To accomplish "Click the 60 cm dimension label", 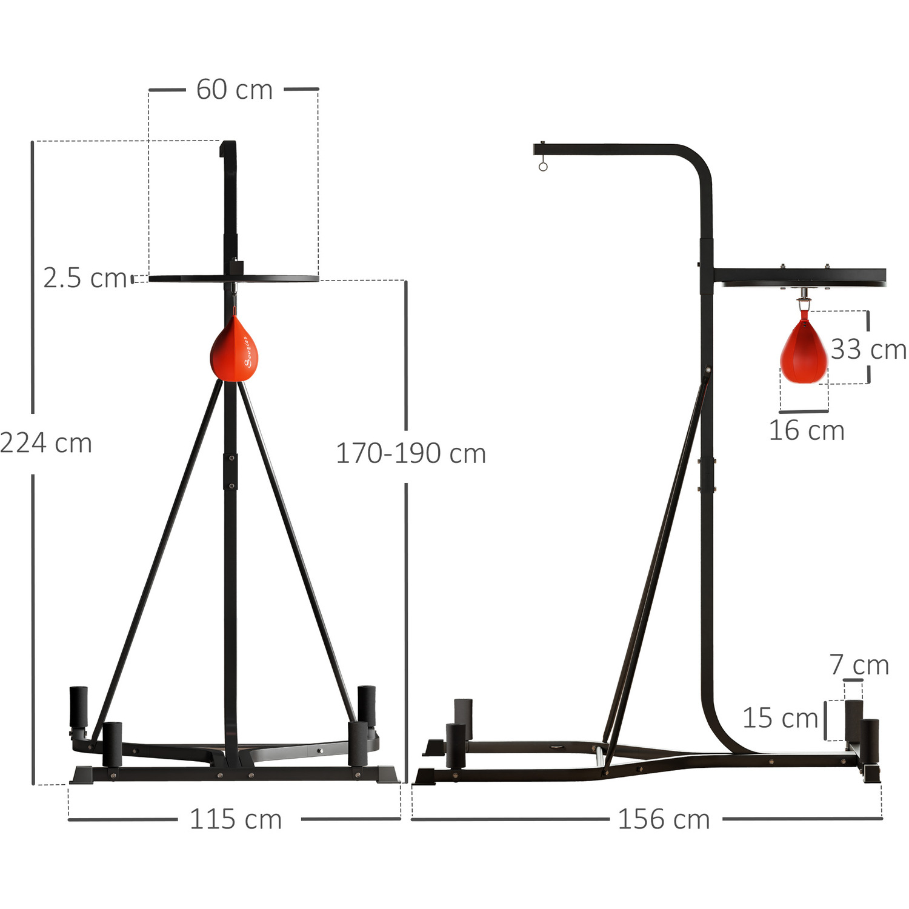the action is (235, 90).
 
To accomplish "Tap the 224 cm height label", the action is (46, 443).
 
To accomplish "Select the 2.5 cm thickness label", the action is (85, 278).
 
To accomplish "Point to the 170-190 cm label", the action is (411, 453).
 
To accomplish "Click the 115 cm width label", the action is (236, 819).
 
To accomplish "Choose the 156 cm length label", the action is (664, 819).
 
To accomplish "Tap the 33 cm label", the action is (868, 349).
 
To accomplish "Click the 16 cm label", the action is (807, 430).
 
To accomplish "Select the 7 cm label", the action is (859, 665).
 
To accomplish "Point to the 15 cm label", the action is (781, 718).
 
